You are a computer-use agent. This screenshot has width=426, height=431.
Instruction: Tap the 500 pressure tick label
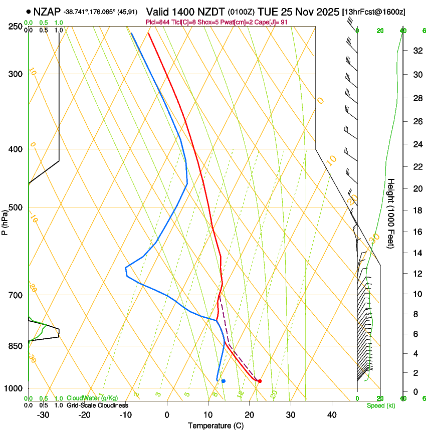click(x=16, y=207)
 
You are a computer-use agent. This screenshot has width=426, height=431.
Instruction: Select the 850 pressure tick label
click(x=16, y=346)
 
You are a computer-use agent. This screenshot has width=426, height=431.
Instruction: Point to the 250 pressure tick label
click(x=16, y=27)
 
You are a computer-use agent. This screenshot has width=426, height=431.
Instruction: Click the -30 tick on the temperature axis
click(x=43, y=414)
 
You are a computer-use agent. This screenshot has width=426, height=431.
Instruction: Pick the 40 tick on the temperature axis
click(x=331, y=414)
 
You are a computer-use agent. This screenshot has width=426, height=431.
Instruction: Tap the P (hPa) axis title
click(x=5, y=221)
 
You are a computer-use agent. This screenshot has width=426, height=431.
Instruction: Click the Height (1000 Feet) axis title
click(x=391, y=213)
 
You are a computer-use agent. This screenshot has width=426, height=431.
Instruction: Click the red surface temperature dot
click(x=260, y=381)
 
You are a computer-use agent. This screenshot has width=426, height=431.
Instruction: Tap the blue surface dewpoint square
click(x=223, y=381)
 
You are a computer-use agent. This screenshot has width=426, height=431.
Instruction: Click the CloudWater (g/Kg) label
click(x=92, y=398)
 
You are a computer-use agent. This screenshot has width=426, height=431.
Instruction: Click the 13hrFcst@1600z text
click(x=374, y=12)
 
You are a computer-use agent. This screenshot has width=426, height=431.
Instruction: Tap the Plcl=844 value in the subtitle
click(x=156, y=23)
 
